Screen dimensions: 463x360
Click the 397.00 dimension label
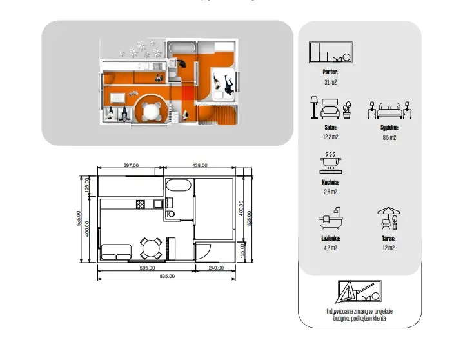coord(131,165)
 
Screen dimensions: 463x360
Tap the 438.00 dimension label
coord(200,165)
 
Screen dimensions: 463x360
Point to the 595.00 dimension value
coord(147,268)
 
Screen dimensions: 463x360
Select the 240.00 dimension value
coord(216,268)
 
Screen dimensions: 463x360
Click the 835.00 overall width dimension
coord(167,276)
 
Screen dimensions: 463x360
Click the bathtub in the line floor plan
coord(179,185)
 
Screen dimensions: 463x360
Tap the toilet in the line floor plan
coord(170,214)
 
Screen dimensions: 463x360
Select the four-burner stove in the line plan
coord(141,205)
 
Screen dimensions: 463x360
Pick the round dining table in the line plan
coord(151,248)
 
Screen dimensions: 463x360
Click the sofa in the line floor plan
coord(116,252)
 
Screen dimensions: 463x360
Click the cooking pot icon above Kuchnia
coord(330,163)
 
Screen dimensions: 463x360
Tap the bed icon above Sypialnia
coord(389,110)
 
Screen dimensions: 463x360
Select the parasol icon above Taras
coord(389,218)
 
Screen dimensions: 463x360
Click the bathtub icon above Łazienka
coord(330,218)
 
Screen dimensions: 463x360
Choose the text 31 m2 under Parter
coord(330,82)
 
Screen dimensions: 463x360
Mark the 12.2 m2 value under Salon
coord(330,137)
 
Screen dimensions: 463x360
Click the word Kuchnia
coord(330,182)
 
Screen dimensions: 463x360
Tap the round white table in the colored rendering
coord(151,112)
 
